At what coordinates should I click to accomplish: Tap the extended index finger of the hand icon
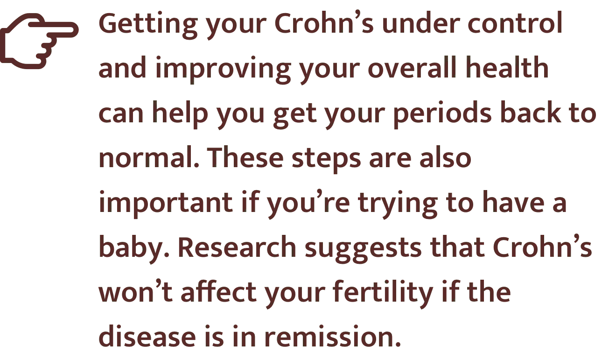click(54, 29)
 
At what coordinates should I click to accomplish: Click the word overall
click(412, 67)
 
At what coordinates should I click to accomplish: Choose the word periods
click(442, 113)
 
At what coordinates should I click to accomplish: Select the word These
click(245, 157)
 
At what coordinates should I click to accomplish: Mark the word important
click(166, 204)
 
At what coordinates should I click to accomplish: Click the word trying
click(398, 204)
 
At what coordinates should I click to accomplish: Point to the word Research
click(238, 247)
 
